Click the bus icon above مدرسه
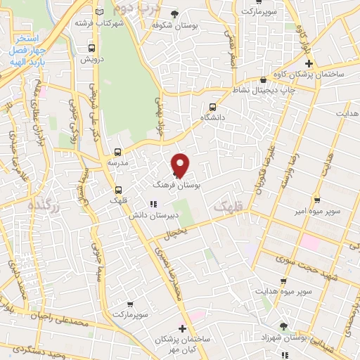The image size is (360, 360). (117, 151)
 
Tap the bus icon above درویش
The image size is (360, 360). (92, 49)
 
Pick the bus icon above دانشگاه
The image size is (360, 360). (212, 108)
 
